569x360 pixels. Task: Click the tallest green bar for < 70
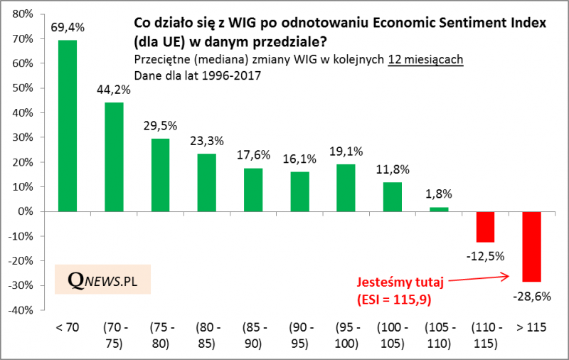click(68, 126)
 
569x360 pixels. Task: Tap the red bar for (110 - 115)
click(485, 227)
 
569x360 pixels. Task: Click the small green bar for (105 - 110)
click(439, 209)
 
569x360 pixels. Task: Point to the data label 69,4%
click(68, 28)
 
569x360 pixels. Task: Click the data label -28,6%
click(532, 297)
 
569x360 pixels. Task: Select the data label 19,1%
click(346, 151)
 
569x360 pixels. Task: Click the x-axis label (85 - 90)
click(253, 335)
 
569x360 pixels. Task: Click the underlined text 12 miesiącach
click(425, 60)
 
